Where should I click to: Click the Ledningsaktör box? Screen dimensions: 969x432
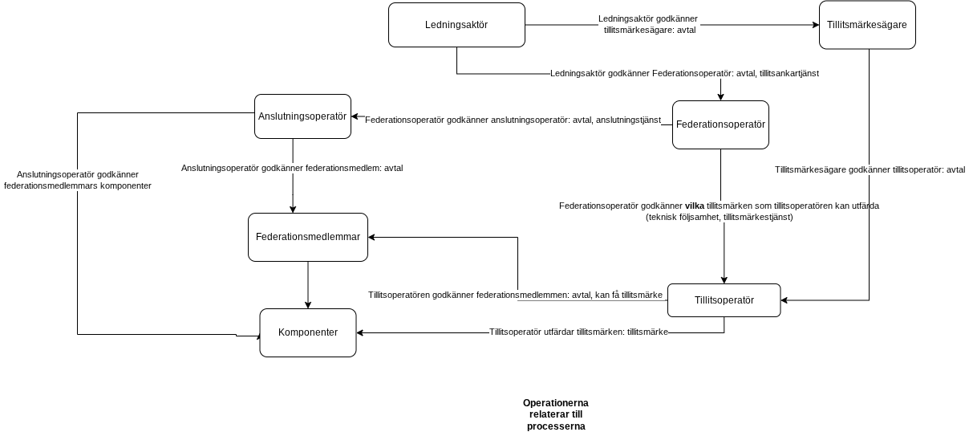tap(456, 25)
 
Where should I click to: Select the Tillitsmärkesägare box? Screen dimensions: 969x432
tap(867, 25)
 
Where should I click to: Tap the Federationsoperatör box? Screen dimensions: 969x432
tap(720, 124)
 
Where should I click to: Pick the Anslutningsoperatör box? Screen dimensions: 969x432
tap(302, 116)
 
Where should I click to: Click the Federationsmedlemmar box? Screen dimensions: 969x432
tap(307, 237)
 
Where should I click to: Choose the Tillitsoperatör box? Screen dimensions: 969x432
tap(724, 300)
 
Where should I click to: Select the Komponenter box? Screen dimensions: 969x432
tap(307, 333)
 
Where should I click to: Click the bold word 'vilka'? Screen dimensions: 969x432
tap(695, 206)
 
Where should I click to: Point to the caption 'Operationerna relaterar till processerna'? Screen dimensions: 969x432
tap(556, 414)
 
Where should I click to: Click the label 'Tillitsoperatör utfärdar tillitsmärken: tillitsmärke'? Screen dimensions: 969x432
tap(578, 332)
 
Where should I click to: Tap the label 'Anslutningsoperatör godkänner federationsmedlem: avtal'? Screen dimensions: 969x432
tap(292, 168)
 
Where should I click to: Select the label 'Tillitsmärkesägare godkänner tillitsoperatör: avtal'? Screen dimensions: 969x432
tap(870, 169)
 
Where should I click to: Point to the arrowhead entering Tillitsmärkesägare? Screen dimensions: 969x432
tap(816, 25)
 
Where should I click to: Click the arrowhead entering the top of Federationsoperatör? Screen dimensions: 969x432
tap(720, 97)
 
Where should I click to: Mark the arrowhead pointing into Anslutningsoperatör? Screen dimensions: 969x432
tap(355, 116)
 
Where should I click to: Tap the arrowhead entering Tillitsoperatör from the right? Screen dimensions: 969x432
tap(785, 300)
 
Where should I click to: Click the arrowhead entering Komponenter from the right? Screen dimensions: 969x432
tap(360, 333)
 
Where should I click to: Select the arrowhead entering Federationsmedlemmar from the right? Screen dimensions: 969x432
tap(371, 237)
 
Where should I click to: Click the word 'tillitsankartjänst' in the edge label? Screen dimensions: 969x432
tap(789, 74)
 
